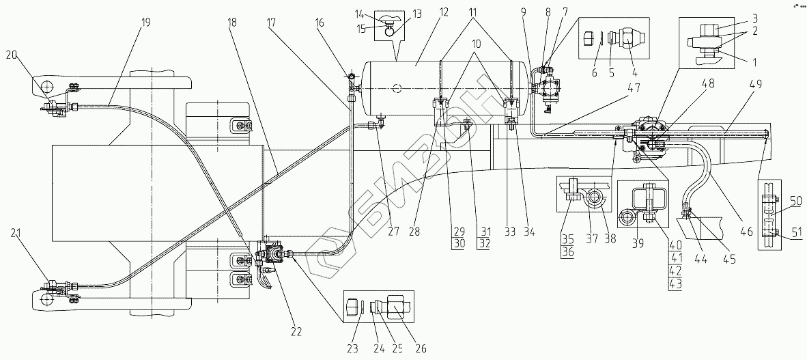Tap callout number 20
click(13, 55)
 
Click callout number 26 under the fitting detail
click(420, 348)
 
